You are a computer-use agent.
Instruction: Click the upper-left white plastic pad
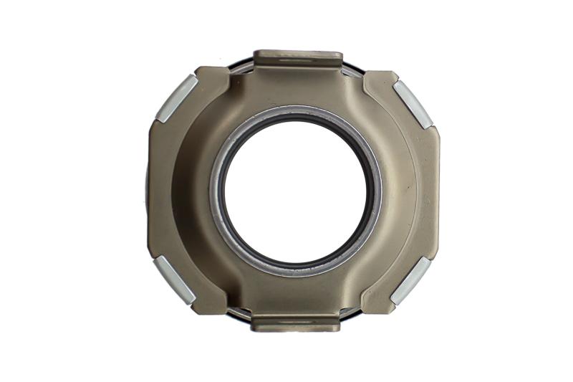[x=177, y=97]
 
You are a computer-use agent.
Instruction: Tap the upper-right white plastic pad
[x=413, y=103]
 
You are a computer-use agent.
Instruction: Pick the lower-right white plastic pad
[x=410, y=280]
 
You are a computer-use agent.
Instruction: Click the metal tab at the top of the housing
[x=299, y=57]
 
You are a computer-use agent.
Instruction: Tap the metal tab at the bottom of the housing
[x=296, y=323]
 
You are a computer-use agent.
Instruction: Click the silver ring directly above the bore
[x=295, y=110]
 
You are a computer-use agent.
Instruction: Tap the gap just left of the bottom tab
[x=240, y=313]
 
